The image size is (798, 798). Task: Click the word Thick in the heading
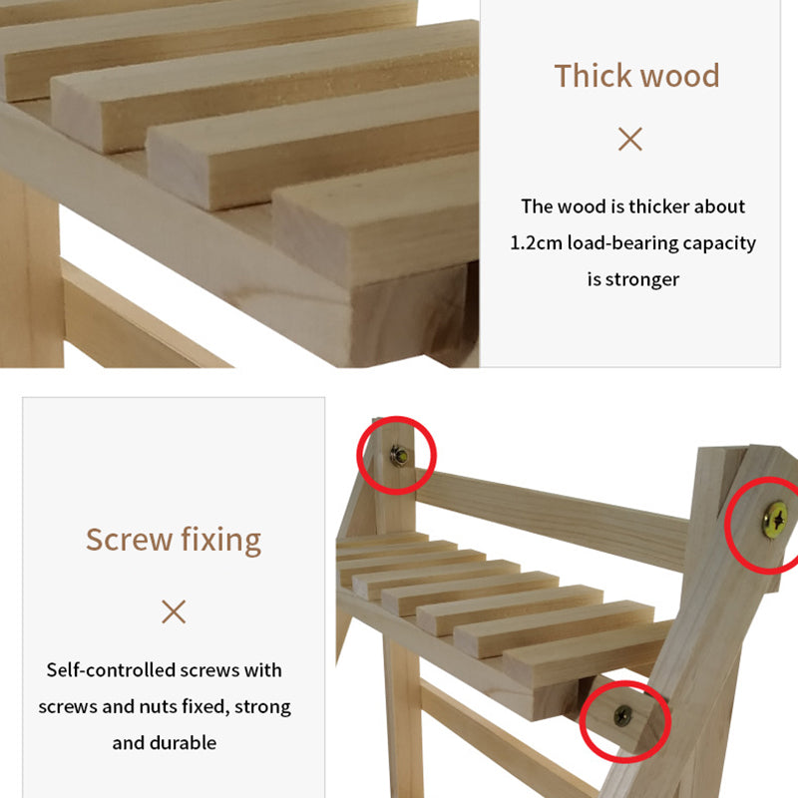[593, 76]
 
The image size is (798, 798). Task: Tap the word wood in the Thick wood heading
[679, 77]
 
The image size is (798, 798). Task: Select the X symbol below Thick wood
[630, 139]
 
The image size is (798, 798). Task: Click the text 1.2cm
[536, 242]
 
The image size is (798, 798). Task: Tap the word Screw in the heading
[130, 540]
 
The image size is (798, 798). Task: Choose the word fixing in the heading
[220, 541]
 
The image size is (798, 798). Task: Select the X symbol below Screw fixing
[174, 611]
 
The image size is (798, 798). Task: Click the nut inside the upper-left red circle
[400, 456]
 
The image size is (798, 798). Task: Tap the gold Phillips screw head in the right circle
[775, 520]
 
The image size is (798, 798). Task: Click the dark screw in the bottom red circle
[622, 716]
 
